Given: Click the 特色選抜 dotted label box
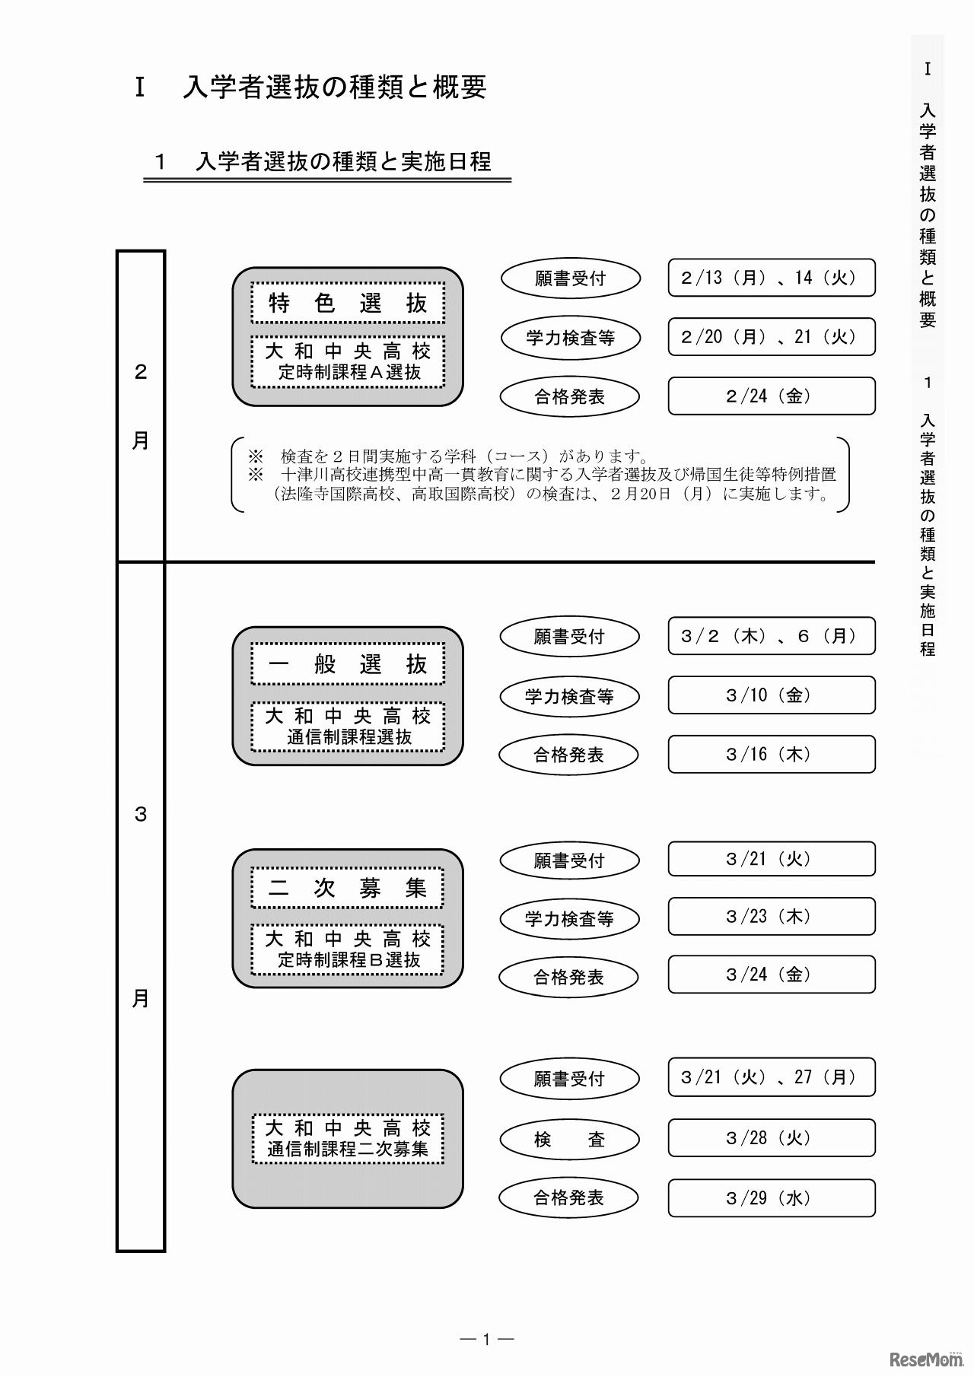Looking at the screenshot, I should (x=348, y=304).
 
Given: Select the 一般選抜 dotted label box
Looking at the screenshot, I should (x=348, y=664).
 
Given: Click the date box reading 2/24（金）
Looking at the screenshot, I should (x=772, y=396).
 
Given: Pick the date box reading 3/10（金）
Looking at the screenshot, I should (x=772, y=695).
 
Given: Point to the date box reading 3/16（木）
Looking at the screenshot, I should (x=772, y=754).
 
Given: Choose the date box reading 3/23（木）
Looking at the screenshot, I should (x=772, y=916).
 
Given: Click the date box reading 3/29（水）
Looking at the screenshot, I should (x=772, y=1198).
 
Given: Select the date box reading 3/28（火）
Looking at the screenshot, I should (x=772, y=1137).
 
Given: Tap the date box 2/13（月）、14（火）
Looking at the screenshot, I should (x=772, y=278).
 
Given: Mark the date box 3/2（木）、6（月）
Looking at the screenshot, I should (x=772, y=636).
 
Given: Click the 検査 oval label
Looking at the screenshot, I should (x=569, y=1139).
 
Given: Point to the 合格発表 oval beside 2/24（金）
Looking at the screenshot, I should (x=569, y=396).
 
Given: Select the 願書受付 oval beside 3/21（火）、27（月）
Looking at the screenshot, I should (x=569, y=1079).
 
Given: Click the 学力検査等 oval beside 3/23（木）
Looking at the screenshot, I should (x=569, y=919).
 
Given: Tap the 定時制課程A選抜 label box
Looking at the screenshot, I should (x=348, y=362).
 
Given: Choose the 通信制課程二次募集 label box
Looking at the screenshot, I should (x=348, y=1138).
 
